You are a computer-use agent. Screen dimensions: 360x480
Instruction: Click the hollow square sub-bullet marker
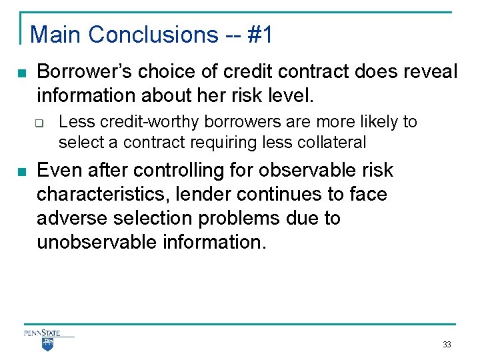click(40, 123)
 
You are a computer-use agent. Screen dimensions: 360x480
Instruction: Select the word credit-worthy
click(141, 122)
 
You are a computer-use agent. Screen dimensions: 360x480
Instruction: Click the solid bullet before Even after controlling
click(22, 171)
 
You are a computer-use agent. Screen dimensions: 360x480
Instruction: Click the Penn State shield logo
click(47, 343)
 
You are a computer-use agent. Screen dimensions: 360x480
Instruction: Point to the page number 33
click(446, 345)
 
